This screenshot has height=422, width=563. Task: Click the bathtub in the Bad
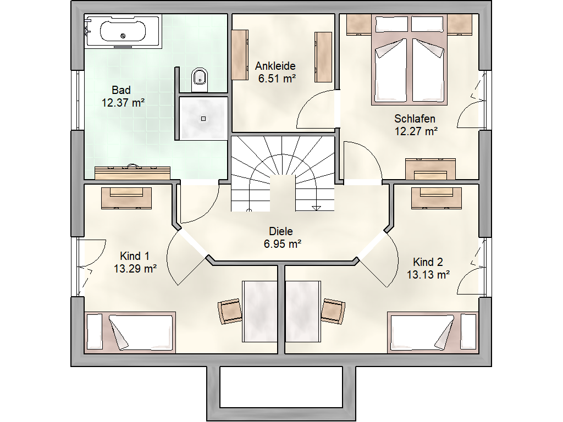[x=123, y=31]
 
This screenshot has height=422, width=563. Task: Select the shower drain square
[x=203, y=119]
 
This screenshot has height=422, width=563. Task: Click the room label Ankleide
[x=275, y=66]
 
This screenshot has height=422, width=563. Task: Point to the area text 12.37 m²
[x=123, y=103]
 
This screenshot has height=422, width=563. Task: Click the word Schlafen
[x=415, y=119]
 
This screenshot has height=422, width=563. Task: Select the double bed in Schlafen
[x=409, y=60]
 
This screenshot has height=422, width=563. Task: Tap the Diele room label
[x=281, y=231]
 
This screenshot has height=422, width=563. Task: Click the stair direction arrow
[x=316, y=208]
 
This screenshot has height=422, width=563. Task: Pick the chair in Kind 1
[x=229, y=312]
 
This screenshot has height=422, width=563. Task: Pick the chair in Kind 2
[x=333, y=312]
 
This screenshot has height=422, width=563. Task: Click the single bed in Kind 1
[x=130, y=332]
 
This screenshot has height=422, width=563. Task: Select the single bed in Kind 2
[x=433, y=332]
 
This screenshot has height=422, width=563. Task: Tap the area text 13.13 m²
[x=428, y=275]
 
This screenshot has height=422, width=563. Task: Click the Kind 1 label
[x=135, y=256]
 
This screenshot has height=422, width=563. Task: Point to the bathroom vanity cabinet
[x=133, y=173]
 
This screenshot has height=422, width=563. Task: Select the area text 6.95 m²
[x=283, y=244]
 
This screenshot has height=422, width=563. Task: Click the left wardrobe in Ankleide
[x=240, y=55]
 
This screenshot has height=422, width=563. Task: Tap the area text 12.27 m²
[x=417, y=131]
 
